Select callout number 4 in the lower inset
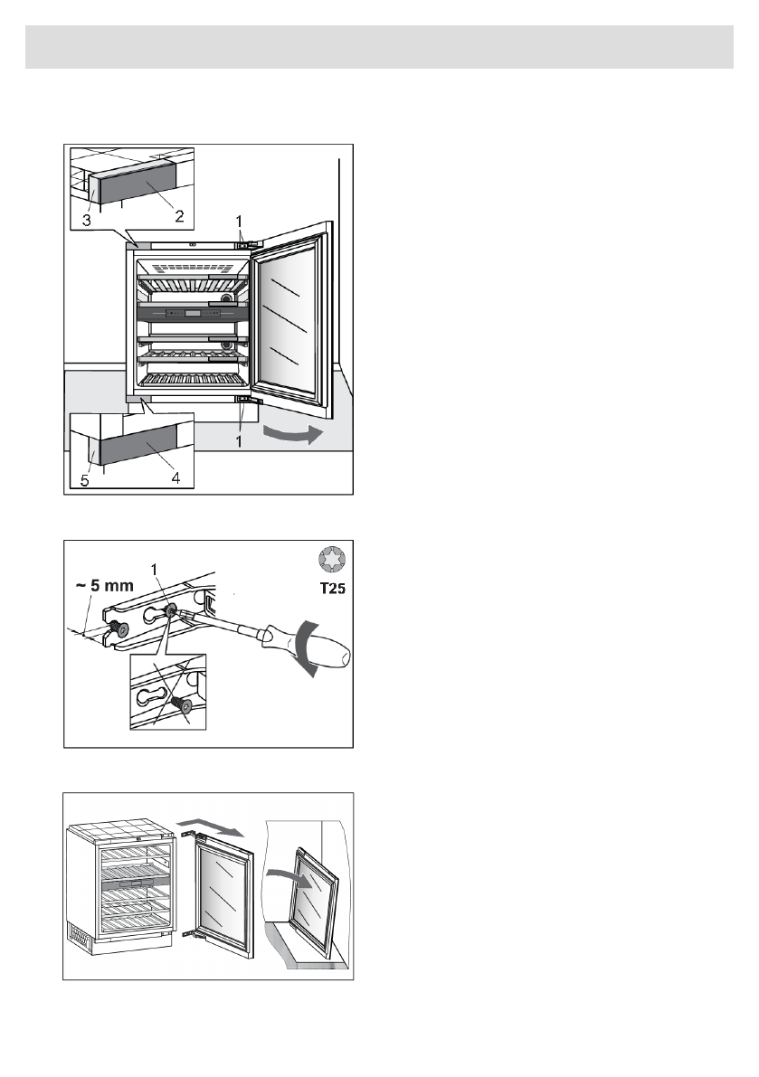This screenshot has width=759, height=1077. (177, 478)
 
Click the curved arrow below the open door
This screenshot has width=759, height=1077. (290, 436)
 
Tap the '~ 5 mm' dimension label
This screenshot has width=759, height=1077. (104, 585)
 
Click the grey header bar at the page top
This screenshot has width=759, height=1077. (379, 47)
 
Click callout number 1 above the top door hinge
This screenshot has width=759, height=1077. (240, 220)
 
